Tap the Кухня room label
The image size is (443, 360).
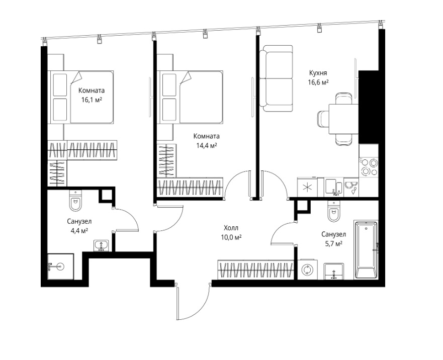(318, 73)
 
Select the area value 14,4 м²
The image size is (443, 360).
(207, 145)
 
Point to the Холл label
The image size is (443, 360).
(231, 228)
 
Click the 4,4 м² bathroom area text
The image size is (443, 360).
(79, 231)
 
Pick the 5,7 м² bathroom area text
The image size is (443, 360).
(334, 243)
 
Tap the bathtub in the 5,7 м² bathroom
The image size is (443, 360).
(366, 250)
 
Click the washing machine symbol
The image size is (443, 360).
(306, 269)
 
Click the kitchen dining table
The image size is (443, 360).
(343, 119)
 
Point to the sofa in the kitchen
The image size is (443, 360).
(276, 78)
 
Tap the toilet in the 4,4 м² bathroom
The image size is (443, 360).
(75, 201)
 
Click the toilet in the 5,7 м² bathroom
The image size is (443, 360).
(334, 211)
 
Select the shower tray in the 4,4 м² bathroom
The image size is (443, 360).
(60, 266)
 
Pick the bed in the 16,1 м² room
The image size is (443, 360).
(82, 97)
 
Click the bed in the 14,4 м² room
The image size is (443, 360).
(191, 97)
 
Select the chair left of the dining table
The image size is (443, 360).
(323, 119)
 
